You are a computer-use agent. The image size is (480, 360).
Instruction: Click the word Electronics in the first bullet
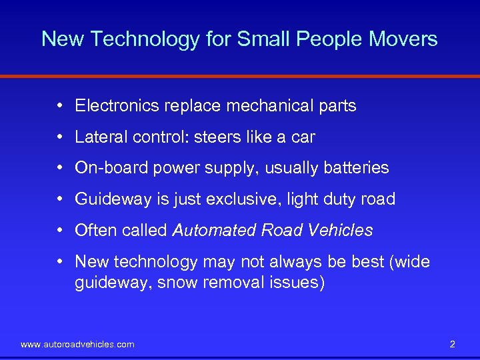[113, 105]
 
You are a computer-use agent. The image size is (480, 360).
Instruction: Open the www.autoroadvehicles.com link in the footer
[77, 344]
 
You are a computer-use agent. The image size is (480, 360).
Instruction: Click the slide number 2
[453, 344]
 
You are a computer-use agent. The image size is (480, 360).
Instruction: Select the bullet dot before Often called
[60, 230]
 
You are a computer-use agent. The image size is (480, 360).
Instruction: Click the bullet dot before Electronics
[60, 105]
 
